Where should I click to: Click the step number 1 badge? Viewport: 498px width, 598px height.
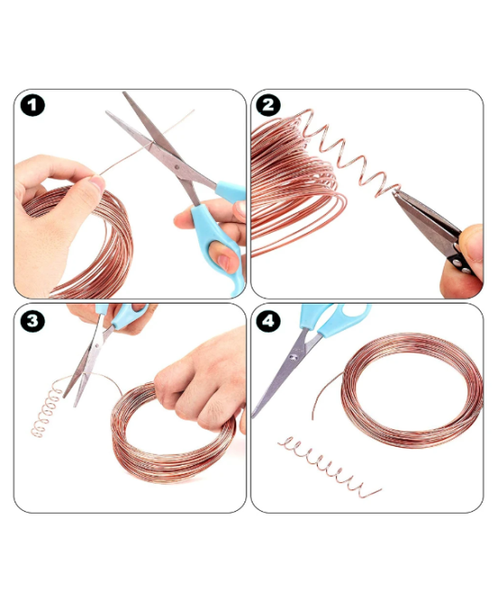(x=34, y=106)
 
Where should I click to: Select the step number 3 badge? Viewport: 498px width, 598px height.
(x=34, y=320)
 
